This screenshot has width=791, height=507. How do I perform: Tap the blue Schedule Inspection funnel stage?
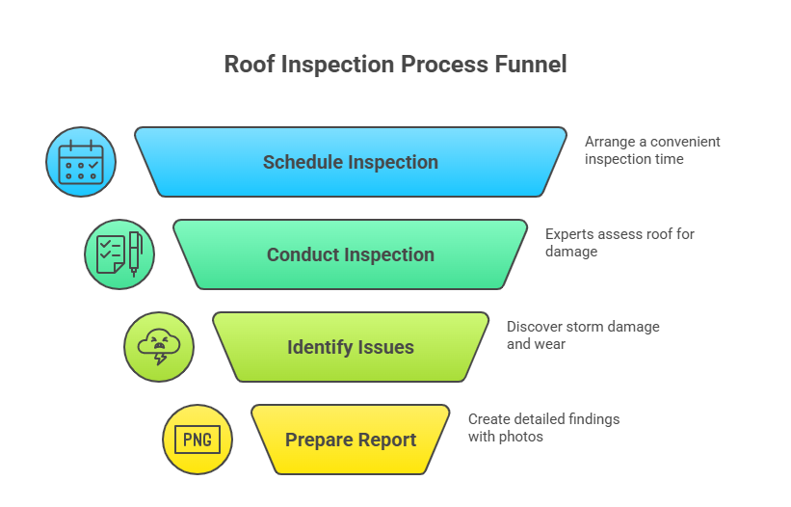click(351, 162)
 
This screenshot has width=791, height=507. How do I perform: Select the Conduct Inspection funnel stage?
click(351, 254)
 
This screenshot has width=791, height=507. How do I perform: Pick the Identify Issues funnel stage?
click(351, 347)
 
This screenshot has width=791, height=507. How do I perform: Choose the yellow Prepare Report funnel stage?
click(351, 440)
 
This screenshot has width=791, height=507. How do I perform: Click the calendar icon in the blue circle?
click(81, 162)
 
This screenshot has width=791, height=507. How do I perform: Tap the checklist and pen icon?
click(119, 254)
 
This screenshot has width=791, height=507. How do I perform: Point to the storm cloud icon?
click(158, 347)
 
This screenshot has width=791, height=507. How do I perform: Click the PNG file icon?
click(197, 440)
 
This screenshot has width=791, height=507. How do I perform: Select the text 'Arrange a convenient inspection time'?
click(651, 149)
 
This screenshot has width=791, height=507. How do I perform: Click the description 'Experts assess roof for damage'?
click(619, 242)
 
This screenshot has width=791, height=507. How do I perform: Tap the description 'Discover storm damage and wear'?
click(582, 334)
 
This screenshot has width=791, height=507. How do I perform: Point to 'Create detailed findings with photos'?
click(543, 427)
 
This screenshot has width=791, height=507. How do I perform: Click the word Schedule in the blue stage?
click(303, 162)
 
